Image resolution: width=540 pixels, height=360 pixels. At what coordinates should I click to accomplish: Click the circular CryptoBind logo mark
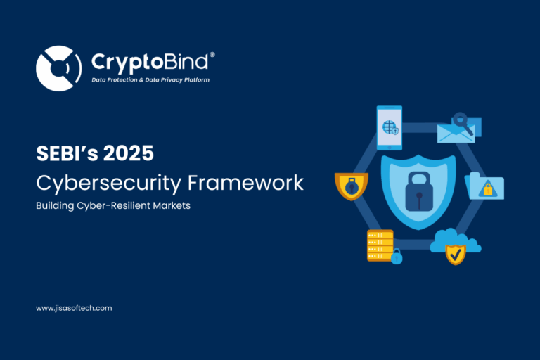pos(58,68)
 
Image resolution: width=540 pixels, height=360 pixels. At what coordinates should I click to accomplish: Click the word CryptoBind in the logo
pos(149,62)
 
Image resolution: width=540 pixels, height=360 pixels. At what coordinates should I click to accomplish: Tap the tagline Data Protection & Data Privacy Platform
pos(150,80)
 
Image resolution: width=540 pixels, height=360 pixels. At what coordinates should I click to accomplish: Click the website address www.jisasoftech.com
pos(74,308)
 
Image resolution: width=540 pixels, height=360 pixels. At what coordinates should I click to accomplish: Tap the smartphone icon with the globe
pos(389,127)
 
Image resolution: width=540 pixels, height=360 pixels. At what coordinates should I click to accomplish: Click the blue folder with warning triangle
pos(485,186)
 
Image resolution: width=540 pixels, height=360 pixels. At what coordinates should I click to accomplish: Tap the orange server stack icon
pos(380,245)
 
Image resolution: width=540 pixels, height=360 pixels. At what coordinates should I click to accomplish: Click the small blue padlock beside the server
pos(397,257)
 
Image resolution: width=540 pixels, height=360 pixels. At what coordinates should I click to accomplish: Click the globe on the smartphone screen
pos(387,127)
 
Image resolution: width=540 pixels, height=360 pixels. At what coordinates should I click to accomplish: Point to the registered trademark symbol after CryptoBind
pos(212,55)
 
